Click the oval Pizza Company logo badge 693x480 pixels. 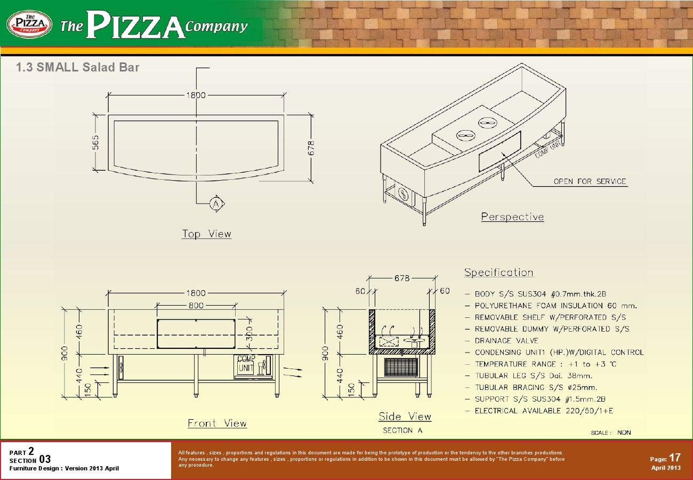click(x=29, y=24)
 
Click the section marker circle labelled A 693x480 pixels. click(x=216, y=204)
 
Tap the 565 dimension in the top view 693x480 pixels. click(x=95, y=142)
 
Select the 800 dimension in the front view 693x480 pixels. click(x=196, y=306)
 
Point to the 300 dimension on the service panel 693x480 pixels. click(x=249, y=334)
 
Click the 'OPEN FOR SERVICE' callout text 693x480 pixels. click(x=590, y=181)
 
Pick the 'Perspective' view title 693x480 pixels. click(x=512, y=217)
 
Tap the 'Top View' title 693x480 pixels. click(x=206, y=234)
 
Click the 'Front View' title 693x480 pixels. click(x=217, y=423)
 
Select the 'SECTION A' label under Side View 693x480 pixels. click(x=402, y=430)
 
